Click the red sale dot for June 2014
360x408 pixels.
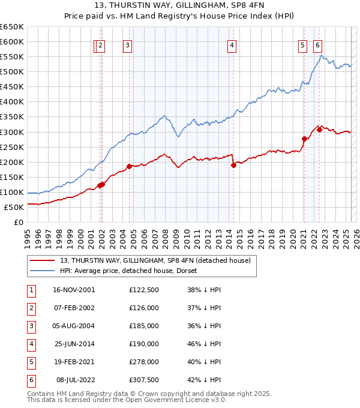click(233, 165)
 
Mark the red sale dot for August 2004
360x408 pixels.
click(129, 166)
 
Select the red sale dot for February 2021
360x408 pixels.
click(304, 139)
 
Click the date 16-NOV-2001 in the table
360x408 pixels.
click(74, 290)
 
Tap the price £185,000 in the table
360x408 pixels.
click(144, 326)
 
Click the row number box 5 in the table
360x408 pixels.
click(31, 362)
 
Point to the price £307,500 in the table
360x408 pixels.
click(144, 380)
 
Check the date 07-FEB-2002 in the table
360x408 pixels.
click(74, 308)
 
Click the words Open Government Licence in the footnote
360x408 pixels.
click(171, 400)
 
